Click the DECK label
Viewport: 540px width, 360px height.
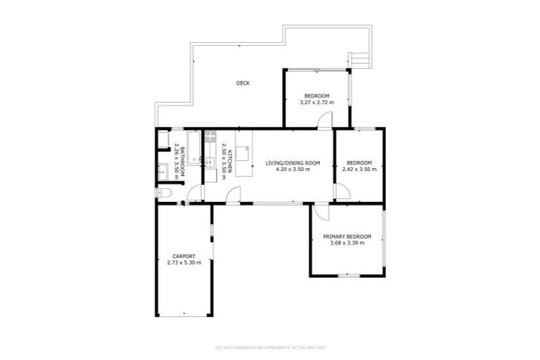(x=243, y=83)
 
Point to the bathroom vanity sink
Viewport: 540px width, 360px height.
(x=162, y=170)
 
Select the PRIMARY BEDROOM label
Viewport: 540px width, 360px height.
(x=347, y=237)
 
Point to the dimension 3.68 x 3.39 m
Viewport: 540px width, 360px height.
(x=347, y=244)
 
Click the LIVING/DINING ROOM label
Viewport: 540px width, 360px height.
(x=292, y=163)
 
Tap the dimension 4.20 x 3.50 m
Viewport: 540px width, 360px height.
(x=292, y=169)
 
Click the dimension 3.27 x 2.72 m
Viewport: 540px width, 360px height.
(x=316, y=103)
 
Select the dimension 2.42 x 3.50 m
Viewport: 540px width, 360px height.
(x=359, y=169)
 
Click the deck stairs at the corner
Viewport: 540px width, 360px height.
(x=359, y=60)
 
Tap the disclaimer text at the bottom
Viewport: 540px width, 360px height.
(x=270, y=347)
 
